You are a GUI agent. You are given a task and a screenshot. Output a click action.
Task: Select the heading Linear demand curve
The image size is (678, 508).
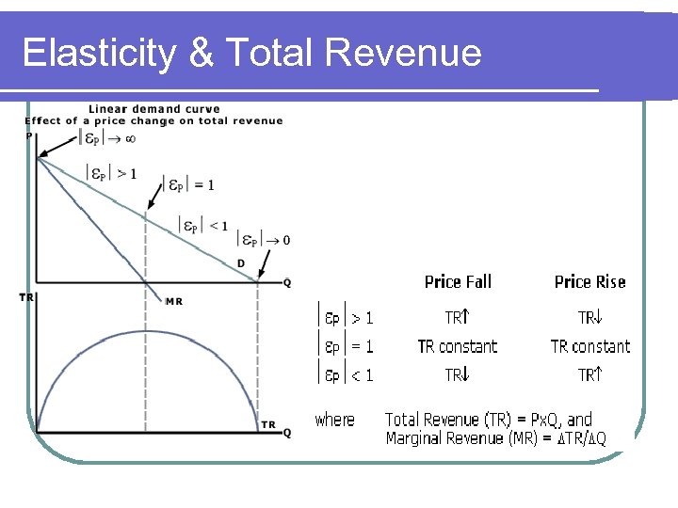click(x=141, y=109)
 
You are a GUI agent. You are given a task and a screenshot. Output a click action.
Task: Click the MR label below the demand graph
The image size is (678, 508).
click(x=174, y=301)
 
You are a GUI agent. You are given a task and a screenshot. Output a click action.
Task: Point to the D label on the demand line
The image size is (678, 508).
click(x=241, y=262)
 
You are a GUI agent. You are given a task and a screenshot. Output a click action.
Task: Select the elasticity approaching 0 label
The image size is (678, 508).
click(x=263, y=239)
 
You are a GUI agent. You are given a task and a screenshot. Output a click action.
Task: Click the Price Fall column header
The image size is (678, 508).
click(x=458, y=282)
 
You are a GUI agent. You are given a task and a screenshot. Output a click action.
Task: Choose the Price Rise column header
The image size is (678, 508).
click(x=589, y=282)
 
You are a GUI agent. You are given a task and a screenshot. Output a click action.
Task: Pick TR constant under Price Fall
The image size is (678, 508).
click(x=458, y=346)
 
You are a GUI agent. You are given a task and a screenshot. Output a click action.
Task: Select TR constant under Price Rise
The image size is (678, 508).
click(x=590, y=346)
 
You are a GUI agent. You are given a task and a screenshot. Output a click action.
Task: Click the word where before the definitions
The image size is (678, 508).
click(x=335, y=420)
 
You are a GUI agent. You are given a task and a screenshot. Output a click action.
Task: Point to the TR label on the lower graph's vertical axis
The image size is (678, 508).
click(x=28, y=297)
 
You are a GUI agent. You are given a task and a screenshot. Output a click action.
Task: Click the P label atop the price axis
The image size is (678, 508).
click(x=29, y=135)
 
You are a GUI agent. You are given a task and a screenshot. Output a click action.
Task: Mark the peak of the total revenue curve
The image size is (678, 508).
click(x=145, y=330)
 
